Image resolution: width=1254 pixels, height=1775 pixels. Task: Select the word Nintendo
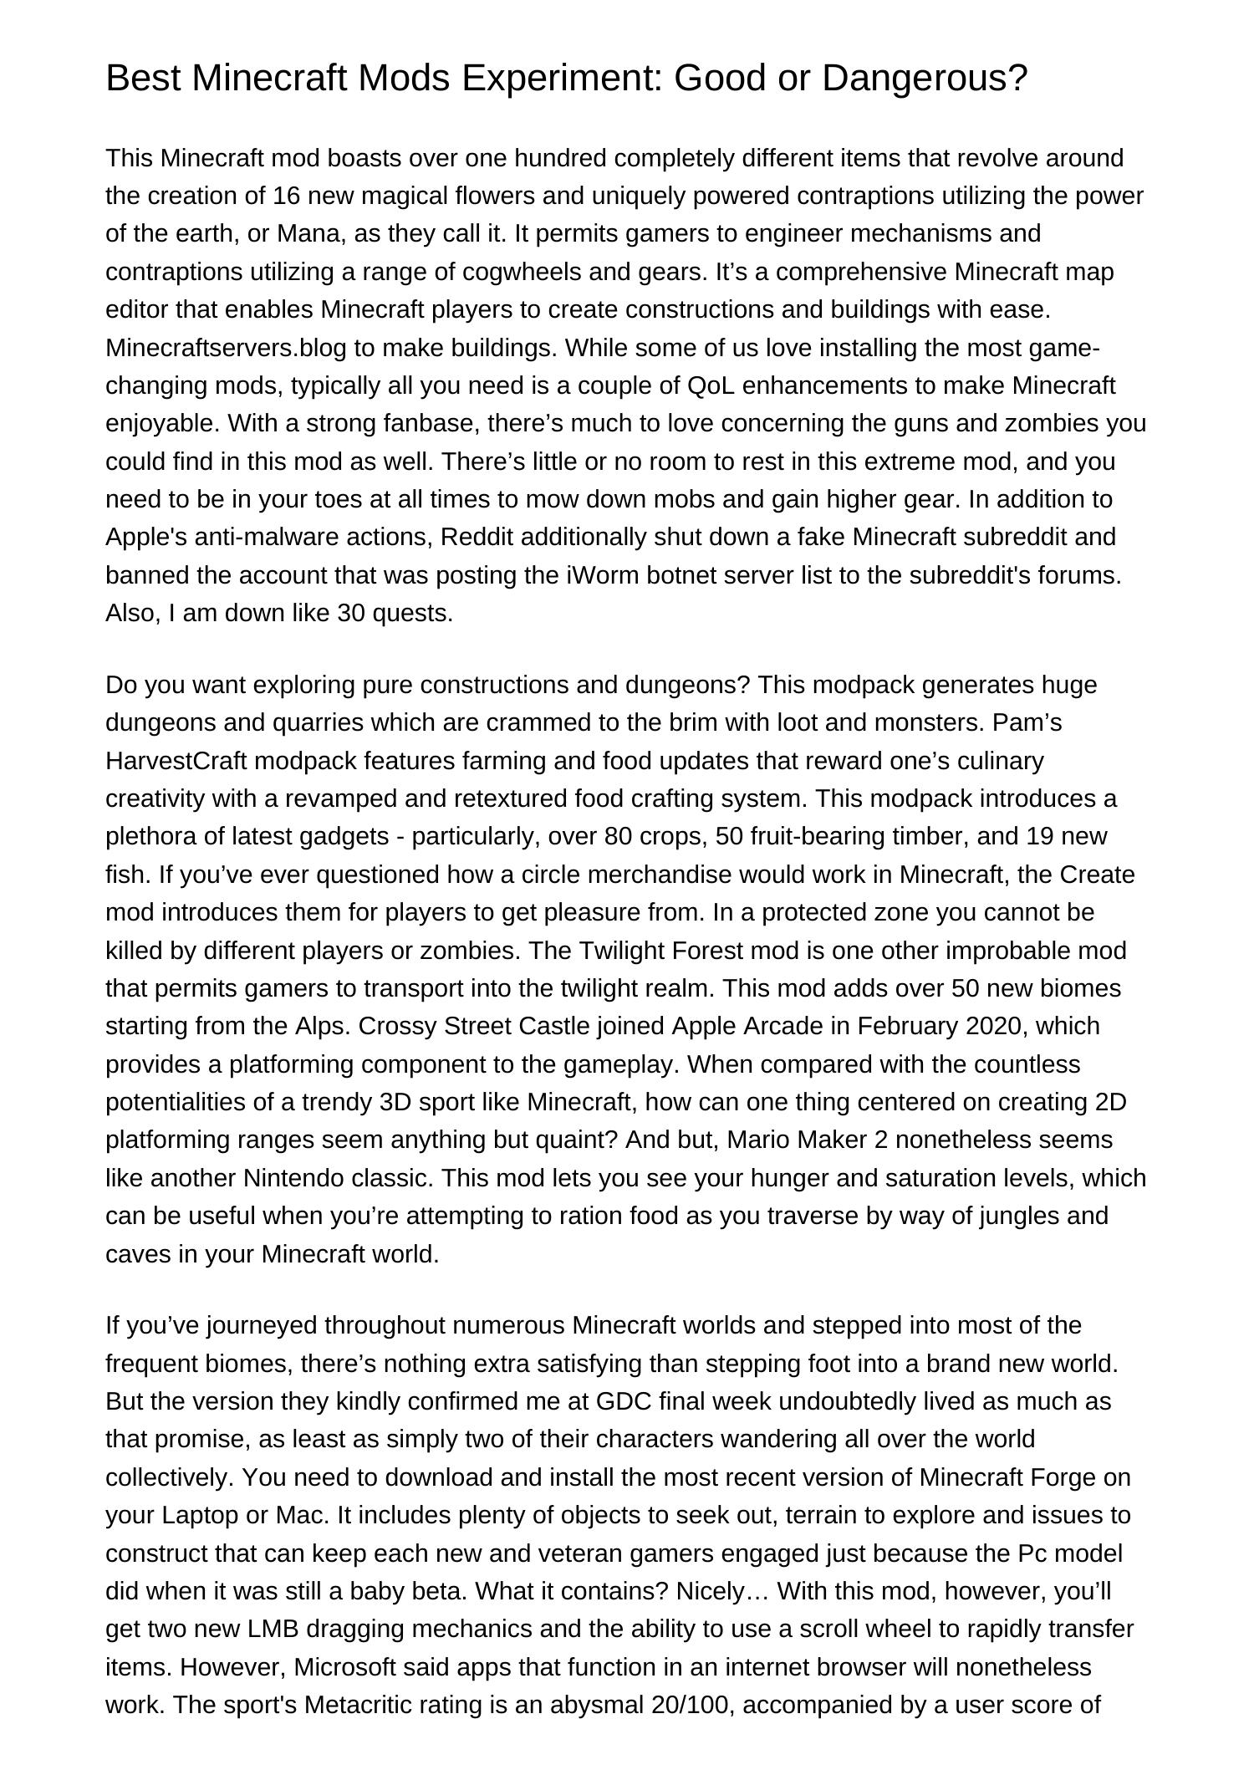point(293,1178)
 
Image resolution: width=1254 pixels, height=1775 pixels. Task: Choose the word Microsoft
point(344,1667)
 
